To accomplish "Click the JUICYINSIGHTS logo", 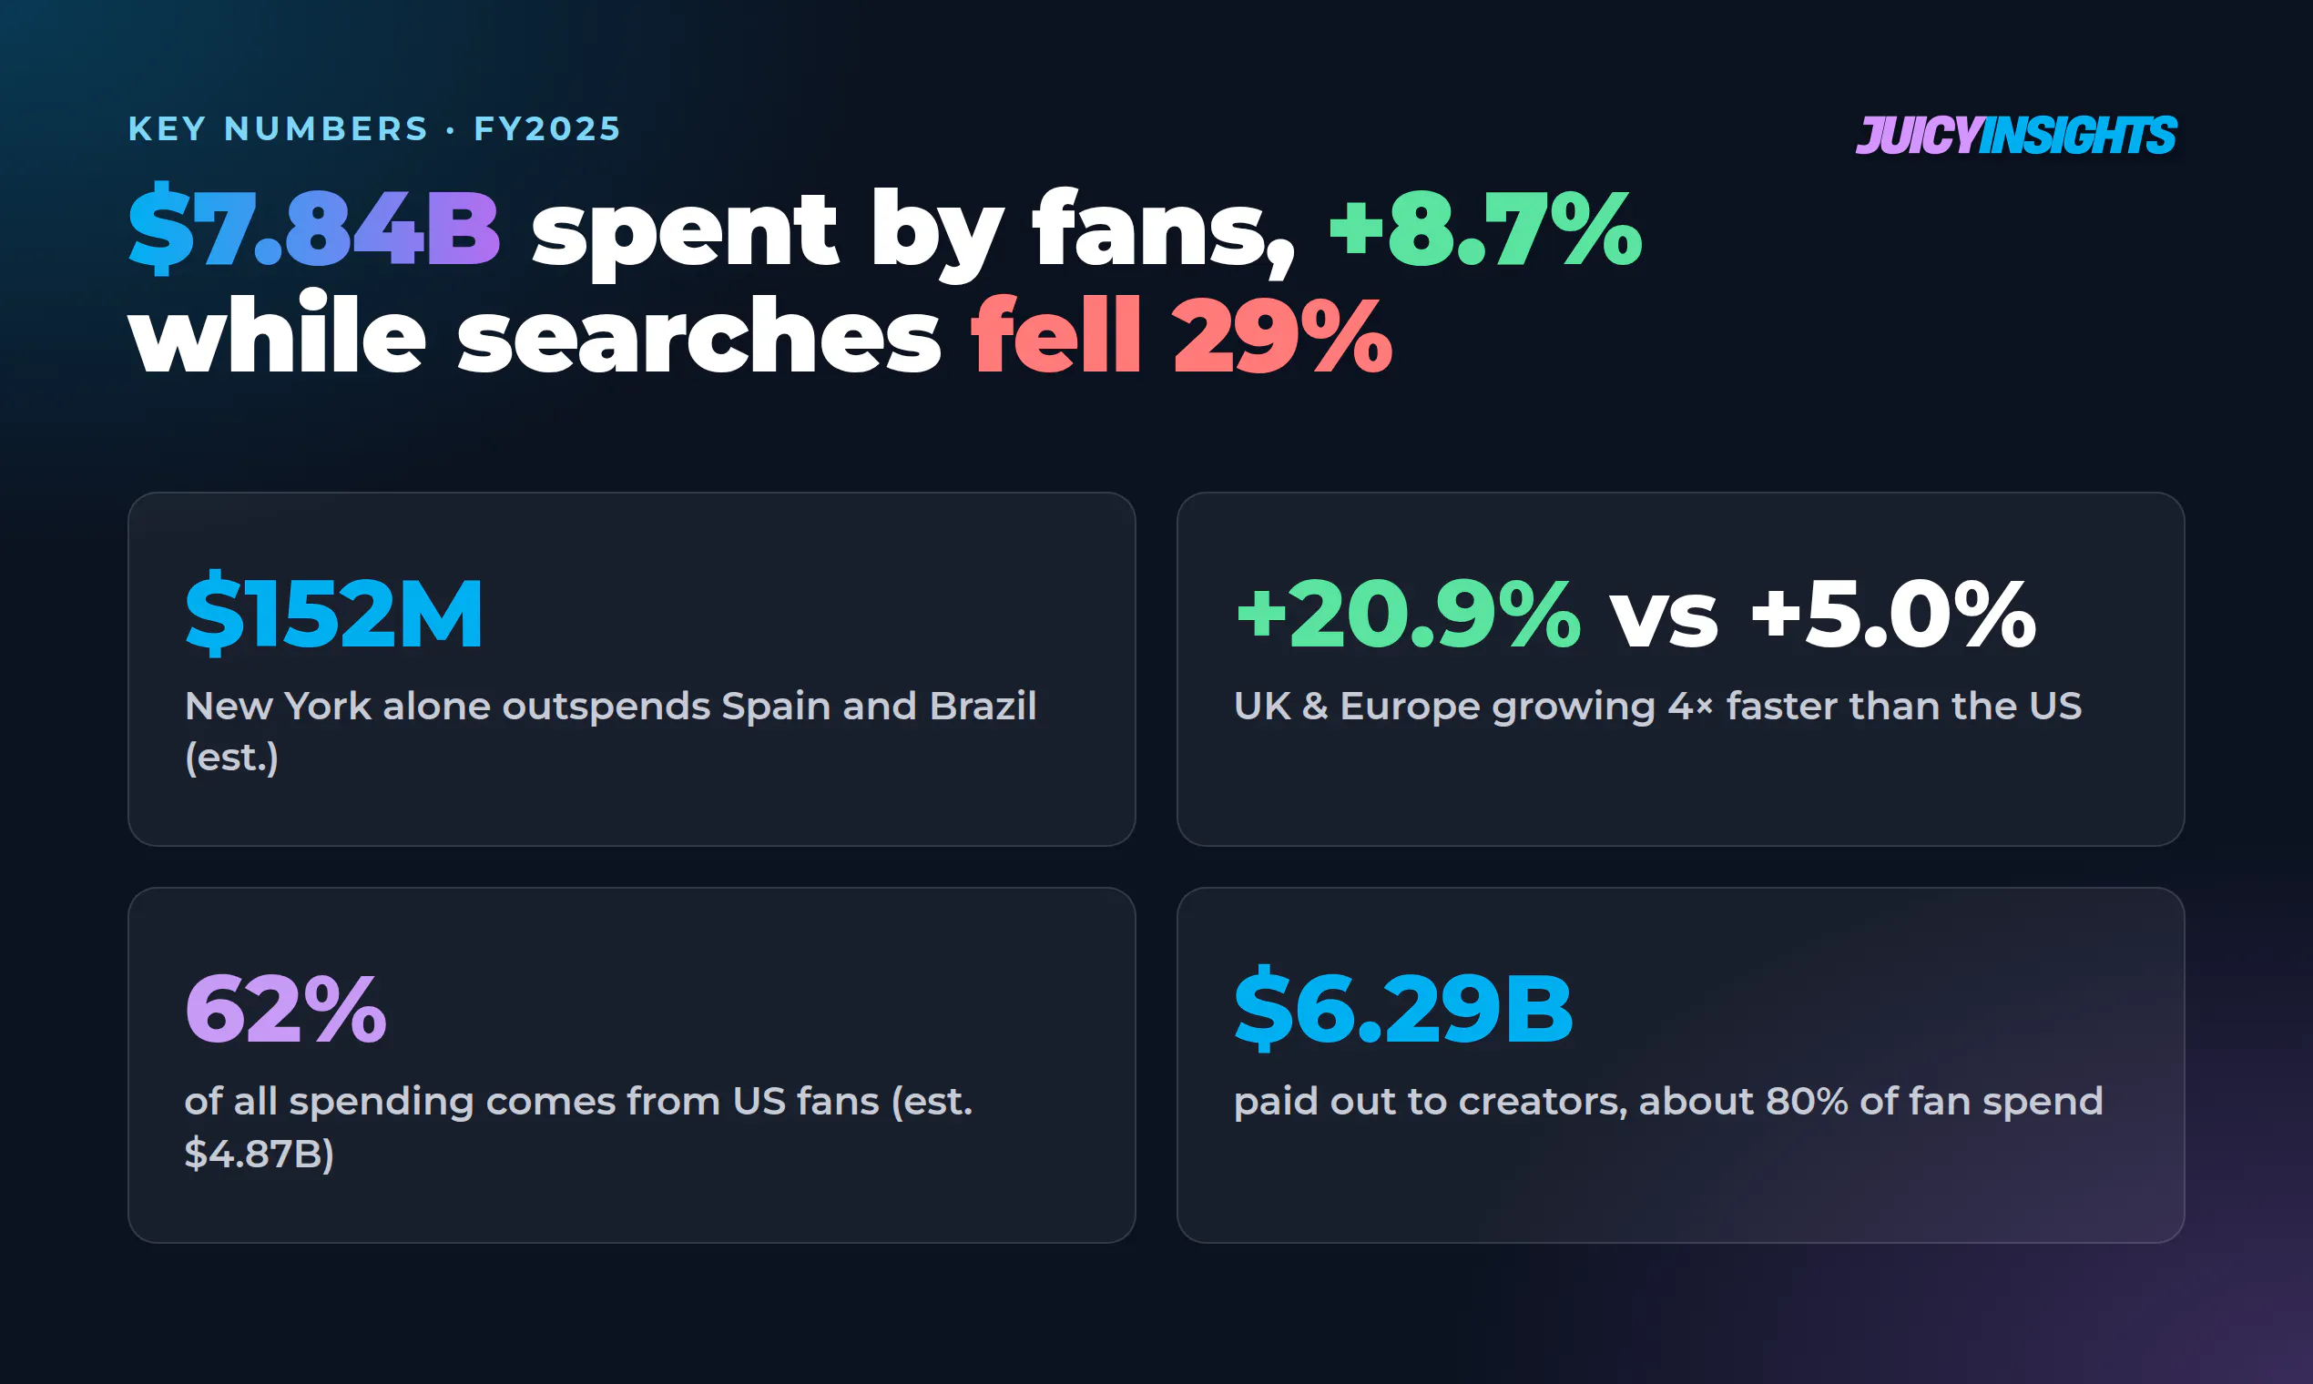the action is point(2015,136).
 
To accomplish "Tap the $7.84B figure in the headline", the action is point(314,229).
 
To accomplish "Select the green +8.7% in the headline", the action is point(1485,229).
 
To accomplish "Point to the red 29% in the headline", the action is point(1282,335).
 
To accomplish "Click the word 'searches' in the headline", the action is point(698,335).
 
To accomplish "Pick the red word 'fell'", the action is point(1055,333).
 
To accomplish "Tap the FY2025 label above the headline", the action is point(546,128).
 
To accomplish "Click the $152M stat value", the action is point(334,613).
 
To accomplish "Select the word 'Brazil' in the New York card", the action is point(983,706).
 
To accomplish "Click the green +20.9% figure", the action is point(1408,613).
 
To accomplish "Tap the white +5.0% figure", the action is point(1893,613).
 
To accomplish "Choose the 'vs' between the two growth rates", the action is point(1664,619).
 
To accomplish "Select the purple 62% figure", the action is point(285,1008).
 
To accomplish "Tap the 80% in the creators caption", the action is point(1807,1102).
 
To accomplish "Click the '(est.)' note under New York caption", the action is point(232,758).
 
